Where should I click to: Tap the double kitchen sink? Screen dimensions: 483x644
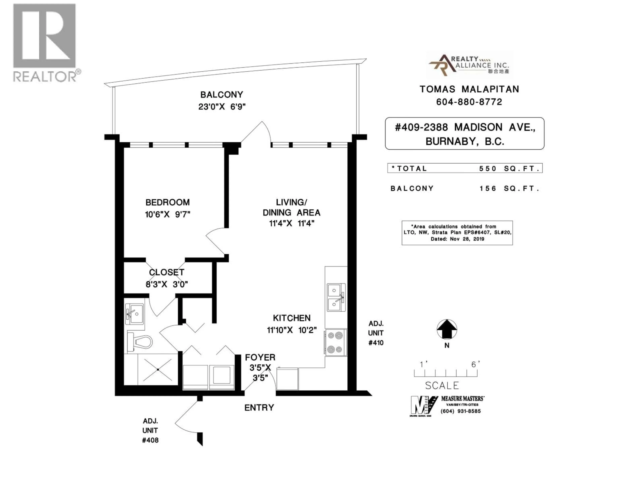tap(336, 297)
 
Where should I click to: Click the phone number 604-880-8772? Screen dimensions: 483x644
tap(469, 102)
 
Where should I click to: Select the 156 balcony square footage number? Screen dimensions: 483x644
tap(488, 189)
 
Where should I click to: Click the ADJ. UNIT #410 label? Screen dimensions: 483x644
tap(376, 333)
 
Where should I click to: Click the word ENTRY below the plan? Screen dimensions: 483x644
tap(259, 408)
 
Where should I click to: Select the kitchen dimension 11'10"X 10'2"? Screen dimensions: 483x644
tap(292, 330)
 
